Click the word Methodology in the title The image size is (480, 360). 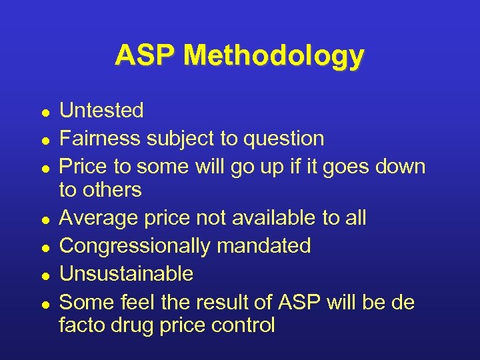(x=274, y=57)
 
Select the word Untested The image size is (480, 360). (x=101, y=110)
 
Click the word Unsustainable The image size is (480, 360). (x=127, y=273)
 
